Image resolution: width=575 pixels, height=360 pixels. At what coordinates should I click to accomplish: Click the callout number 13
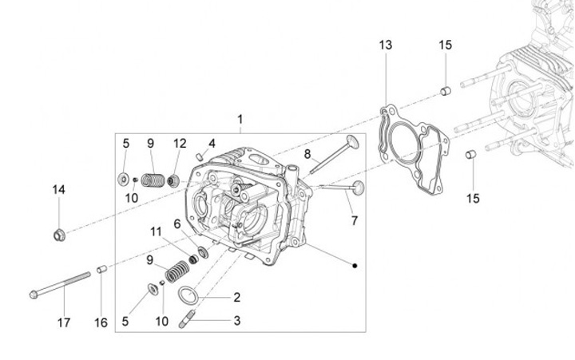pyautogui.click(x=386, y=45)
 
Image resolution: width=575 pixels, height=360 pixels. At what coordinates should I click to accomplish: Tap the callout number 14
pyautogui.click(x=59, y=190)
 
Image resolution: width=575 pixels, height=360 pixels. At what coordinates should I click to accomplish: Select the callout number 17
pyautogui.click(x=63, y=322)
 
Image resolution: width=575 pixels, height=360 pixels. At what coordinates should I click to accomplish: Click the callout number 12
pyautogui.click(x=179, y=144)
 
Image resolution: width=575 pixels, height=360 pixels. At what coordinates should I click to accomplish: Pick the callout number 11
pyautogui.click(x=156, y=231)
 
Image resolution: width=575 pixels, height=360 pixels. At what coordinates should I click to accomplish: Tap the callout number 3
pyautogui.click(x=236, y=321)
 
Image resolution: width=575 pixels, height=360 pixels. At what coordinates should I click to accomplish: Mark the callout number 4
pyautogui.click(x=212, y=144)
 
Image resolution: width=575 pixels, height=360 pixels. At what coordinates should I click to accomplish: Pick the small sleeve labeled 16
pyautogui.click(x=101, y=270)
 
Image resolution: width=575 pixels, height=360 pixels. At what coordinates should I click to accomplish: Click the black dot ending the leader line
pyautogui.click(x=355, y=264)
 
